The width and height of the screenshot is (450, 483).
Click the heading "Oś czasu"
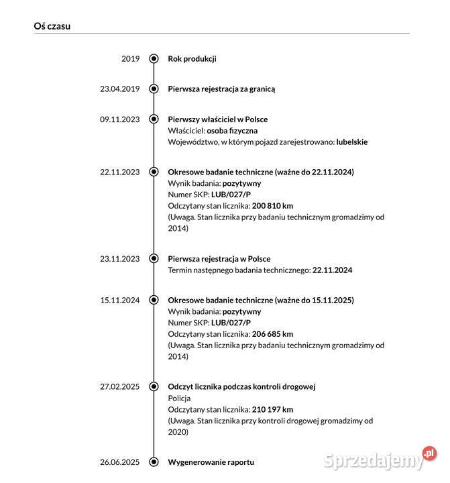coord(52,26)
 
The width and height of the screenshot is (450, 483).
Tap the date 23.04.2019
coord(119,89)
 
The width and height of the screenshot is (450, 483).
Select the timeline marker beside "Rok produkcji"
coord(154,58)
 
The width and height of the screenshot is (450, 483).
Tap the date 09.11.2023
coord(119,119)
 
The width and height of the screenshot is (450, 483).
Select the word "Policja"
coord(179,398)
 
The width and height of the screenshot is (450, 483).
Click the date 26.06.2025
coord(119,462)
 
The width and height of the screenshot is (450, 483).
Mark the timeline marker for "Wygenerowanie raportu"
coord(154,462)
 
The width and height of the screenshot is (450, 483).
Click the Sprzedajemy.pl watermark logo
coord(379,460)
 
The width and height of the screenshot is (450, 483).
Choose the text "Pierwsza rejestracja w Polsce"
coord(219,258)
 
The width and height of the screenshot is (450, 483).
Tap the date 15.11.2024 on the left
coord(119,300)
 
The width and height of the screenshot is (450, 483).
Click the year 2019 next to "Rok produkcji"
coord(130,58)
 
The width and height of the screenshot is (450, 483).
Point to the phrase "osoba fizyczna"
coord(232,130)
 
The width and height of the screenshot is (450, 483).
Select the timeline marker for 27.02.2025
coord(154,386)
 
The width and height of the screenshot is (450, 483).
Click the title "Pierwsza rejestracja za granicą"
coord(221,89)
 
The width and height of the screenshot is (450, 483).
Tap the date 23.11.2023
coord(119,258)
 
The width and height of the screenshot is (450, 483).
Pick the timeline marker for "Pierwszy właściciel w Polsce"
coord(154,119)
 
